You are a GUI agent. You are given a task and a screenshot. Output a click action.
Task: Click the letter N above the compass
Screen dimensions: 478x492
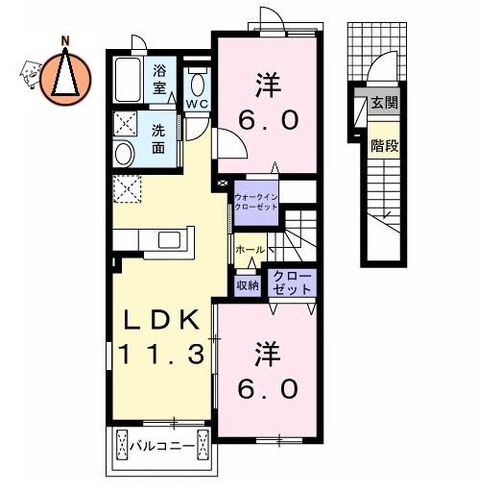[x=65, y=40]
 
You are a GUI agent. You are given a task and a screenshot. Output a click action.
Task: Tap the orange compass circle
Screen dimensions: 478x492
[x=65, y=78]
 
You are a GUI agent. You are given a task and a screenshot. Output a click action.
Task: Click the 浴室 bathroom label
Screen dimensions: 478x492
[x=159, y=79]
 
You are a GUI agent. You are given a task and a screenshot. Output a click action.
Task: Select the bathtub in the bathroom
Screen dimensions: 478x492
[x=128, y=80]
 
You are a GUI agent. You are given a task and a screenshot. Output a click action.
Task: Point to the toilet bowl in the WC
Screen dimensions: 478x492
[x=198, y=85]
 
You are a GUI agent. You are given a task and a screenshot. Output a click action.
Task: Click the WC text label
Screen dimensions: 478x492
[x=198, y=104]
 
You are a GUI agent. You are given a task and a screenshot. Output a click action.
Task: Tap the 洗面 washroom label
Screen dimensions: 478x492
[x=158, y=138]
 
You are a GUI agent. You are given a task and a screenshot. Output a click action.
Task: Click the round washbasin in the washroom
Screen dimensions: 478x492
[x=124, y=155]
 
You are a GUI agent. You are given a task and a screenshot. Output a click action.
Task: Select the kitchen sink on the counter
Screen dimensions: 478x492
[x=170, y=240]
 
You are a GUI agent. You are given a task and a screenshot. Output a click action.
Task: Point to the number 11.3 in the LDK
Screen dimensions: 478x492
[x=161, y=354]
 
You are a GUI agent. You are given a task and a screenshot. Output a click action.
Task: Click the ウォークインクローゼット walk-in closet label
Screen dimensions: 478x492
[x=256, y=202]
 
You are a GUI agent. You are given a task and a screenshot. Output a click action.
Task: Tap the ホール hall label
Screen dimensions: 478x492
[x=251, y=250]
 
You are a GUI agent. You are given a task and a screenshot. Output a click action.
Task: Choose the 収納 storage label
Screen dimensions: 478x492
[x=248, y=285]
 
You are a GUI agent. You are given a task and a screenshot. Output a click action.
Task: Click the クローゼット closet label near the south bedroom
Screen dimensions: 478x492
[x=292, y=283]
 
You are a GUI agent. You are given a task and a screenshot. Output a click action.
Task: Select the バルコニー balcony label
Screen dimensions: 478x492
[x=162, y=446]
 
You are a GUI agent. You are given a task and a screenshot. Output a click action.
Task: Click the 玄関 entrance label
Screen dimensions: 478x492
[x=384, y=103]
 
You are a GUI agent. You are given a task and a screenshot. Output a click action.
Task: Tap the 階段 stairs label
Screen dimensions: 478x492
[x=385, y=146]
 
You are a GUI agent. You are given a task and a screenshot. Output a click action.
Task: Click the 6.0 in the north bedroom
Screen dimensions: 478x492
[x=269, y=120]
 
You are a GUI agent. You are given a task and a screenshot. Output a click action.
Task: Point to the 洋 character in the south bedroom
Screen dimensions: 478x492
[x=268, y=355]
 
